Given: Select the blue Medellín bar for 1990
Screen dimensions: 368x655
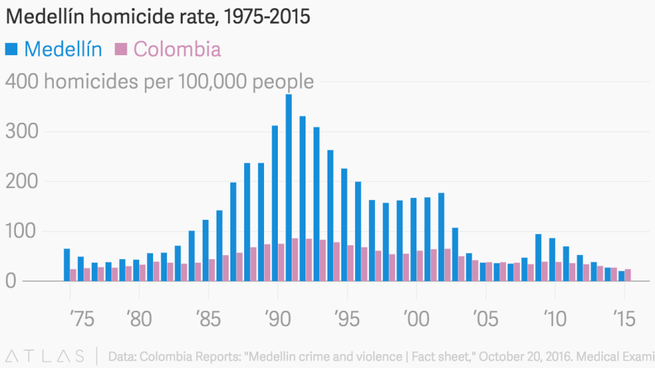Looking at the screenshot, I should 275,203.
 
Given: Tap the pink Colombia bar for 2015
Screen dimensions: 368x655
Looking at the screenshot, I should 627,275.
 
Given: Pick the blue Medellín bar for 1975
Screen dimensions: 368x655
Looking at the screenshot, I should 67,265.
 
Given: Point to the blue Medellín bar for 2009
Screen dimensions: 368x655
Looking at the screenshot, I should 538,258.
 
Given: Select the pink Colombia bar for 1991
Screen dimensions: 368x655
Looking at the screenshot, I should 295,260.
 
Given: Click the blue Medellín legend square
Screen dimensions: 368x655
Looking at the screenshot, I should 12,49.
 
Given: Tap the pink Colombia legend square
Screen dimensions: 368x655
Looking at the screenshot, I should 121,49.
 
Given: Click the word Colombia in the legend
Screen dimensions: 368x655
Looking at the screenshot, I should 177,49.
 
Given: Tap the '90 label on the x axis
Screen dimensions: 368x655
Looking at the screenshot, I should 277,319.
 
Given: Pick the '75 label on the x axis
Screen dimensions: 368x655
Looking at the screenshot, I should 82,319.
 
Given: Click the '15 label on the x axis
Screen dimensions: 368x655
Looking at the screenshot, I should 624,319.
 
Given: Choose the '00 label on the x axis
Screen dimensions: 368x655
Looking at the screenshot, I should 416,319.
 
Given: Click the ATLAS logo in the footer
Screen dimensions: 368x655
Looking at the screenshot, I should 46,356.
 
